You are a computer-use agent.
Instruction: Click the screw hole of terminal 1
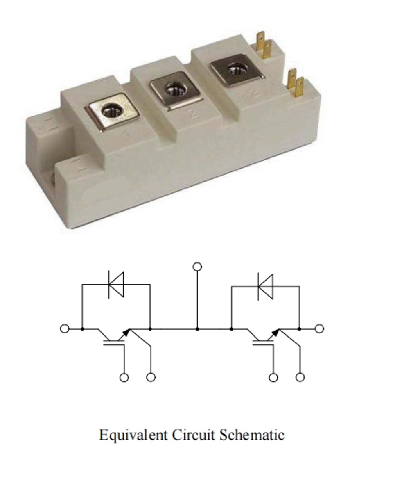[112, 112]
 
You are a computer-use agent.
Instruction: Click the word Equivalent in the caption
[133, 435]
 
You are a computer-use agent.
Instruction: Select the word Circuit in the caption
[193, 434]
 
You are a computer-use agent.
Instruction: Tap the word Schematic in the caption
[252, 434]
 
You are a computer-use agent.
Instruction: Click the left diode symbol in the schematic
[116, 285]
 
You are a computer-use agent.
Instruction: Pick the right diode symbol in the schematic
[266, 286]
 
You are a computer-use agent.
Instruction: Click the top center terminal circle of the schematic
[197, 267]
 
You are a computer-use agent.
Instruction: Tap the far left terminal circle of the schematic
[65, 328]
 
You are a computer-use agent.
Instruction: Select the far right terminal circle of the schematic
[319, 328]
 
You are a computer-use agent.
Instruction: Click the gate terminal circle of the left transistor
[124, 378]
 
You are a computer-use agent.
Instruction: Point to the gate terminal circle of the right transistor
[273, 378]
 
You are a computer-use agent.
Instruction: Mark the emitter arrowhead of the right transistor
[276, 332]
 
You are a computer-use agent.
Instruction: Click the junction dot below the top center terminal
[197, 329]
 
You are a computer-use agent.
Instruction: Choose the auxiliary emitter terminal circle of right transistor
[300, 378]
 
